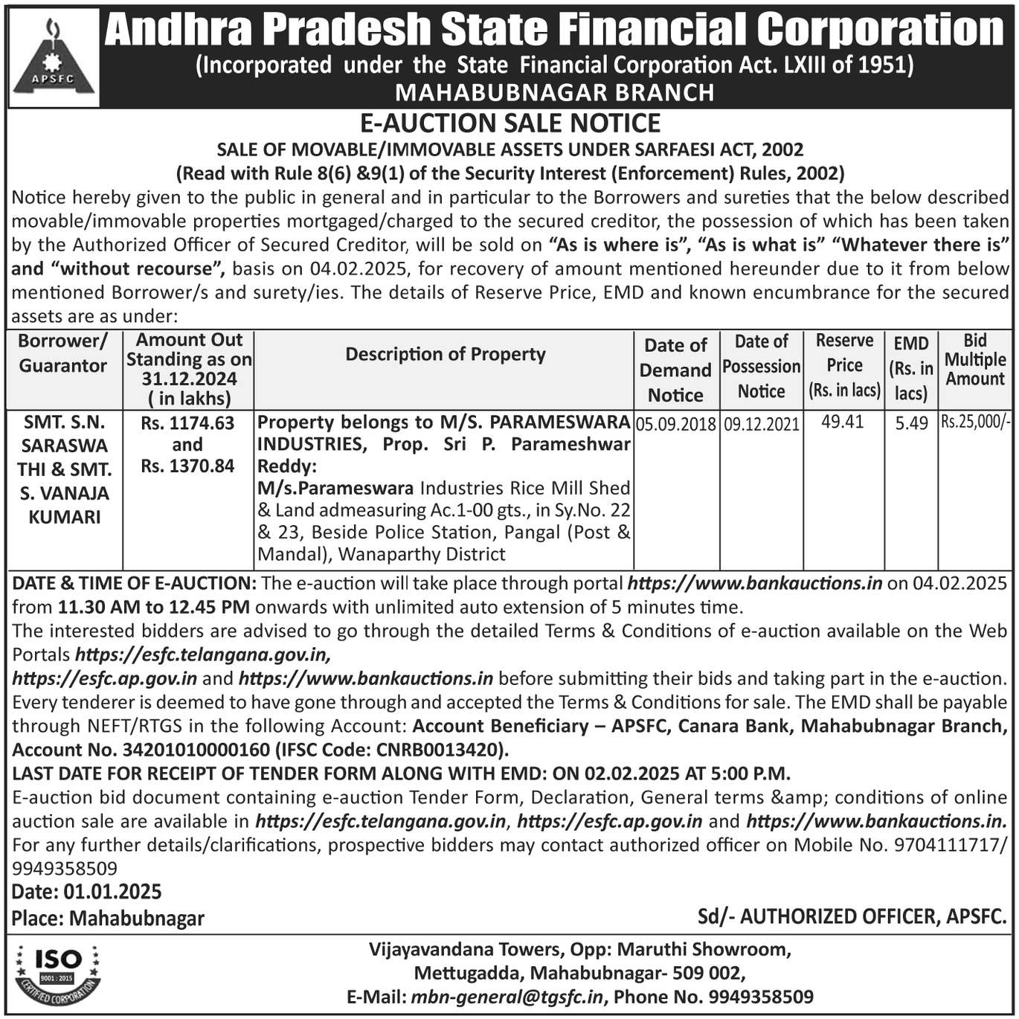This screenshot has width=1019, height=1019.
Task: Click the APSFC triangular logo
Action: click(53, 58)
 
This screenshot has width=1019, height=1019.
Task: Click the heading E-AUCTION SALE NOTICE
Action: click(509, 123)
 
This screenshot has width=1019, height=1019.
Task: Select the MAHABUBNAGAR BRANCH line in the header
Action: click(554, 92)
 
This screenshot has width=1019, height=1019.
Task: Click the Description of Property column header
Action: click(445, 354)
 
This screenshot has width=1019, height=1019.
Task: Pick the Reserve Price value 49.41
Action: click(843, 422)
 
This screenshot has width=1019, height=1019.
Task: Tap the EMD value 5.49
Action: click(911, 423)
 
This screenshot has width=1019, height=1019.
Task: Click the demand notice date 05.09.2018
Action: click(676, 424)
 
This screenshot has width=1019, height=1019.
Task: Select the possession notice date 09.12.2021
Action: click(762, 424)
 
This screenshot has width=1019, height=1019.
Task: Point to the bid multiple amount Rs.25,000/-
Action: click(975, 422)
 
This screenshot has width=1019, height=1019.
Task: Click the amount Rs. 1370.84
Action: click(187, 466)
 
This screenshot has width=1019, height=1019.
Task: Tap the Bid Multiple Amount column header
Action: click(974, 360)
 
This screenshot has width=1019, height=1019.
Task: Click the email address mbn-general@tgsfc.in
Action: click(507, 997)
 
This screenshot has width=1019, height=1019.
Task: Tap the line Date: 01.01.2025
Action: click(86, 892)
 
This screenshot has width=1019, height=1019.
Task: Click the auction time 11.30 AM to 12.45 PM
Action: click(153, 607)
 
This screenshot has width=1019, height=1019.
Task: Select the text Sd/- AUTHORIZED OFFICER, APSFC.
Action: click(852, 916)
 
